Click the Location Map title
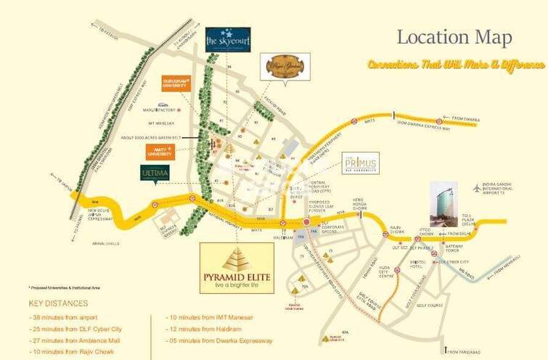pos(454,37)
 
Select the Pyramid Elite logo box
pos(237,268)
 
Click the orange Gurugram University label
pos(178,83)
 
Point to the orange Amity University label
pos(160,151)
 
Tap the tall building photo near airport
pos(443,204)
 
